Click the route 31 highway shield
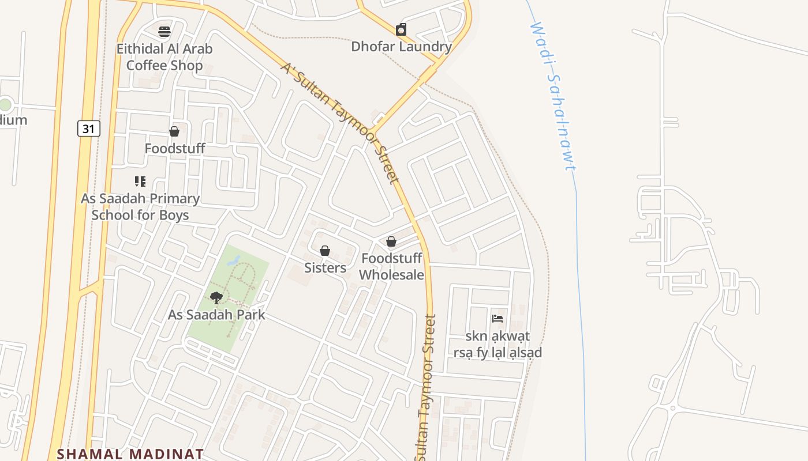[x=88, y=129]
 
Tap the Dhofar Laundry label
[x=401, y=47]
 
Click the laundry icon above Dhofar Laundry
[x=401, y=29]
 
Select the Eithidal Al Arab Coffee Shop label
[x=164, y=57]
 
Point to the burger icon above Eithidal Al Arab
[x=164, y=31]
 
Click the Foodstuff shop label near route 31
[x=174, y=149]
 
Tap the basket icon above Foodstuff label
[x=174, y=132]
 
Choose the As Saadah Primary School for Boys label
[x=140, y=207]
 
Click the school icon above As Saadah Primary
[x=140, y=182]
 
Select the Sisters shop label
[x=325, y=268]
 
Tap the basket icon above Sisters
[x=325, y=251]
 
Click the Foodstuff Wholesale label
[x=391, y=266]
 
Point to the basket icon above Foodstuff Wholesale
[x=391, y=241]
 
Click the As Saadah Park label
[x=216, y=315]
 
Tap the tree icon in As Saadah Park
[x=216, y=298]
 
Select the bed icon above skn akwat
[x=497, y=318]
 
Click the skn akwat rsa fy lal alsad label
[x=497, y=344]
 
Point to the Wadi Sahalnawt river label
[x=553, y=96]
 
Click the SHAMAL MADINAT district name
[x=130, y=454]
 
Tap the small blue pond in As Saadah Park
[x=234, y=260]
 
